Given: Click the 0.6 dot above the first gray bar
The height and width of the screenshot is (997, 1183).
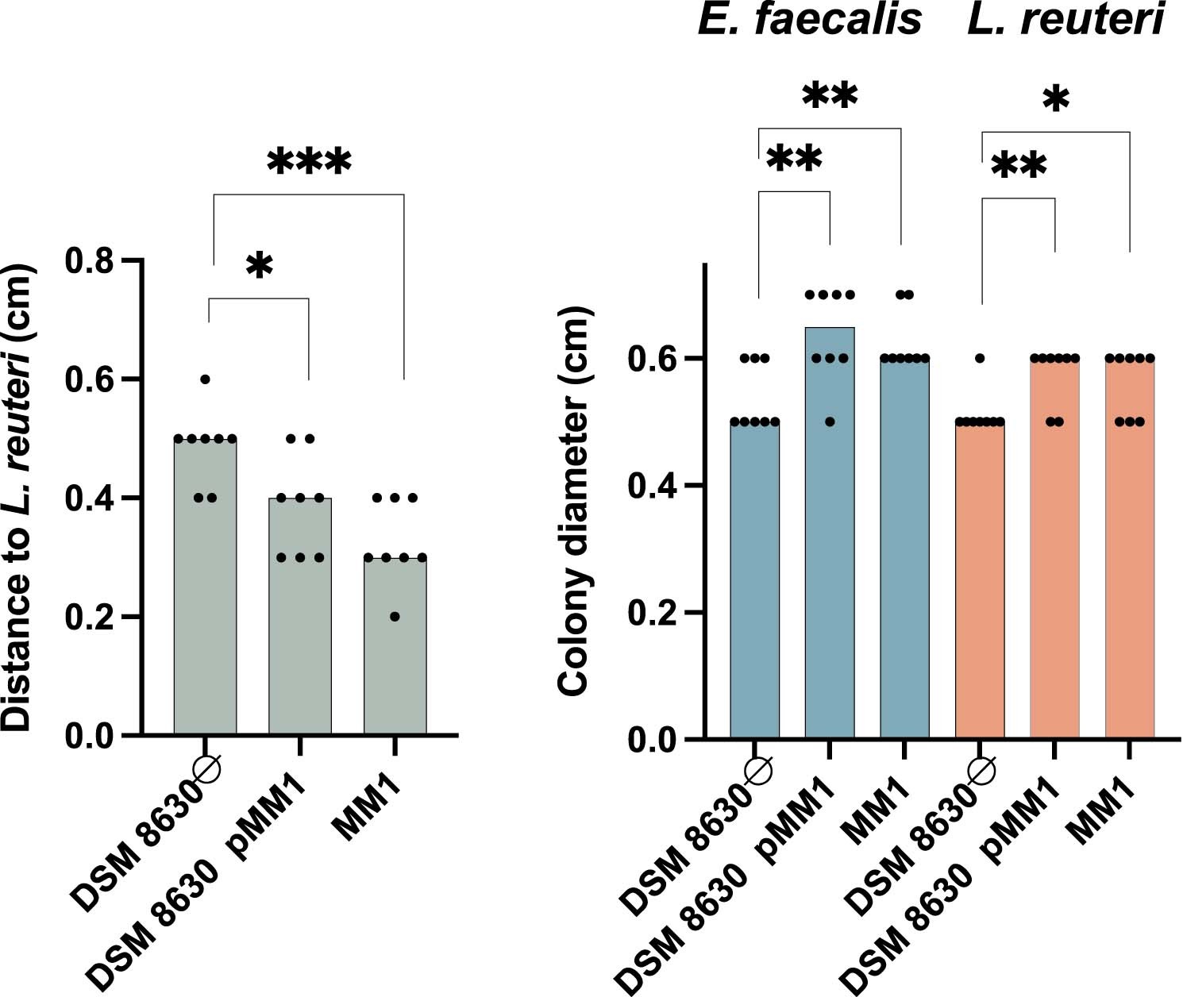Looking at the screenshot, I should pos(205,379).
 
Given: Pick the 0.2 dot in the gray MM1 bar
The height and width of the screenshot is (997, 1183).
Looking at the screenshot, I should pos(395,617).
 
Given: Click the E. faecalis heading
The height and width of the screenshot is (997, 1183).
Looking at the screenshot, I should pos(809,19).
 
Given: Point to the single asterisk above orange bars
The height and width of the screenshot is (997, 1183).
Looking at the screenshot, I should pos(1055,101).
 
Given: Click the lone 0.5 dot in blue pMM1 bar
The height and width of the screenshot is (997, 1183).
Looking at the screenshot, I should pos(830,422).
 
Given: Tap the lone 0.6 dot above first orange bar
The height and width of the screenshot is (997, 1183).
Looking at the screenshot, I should pos(980,359).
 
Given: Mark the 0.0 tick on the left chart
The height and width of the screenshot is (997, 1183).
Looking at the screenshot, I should pos(88,735).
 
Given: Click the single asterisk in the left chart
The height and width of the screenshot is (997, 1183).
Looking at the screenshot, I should pos(259,267).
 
